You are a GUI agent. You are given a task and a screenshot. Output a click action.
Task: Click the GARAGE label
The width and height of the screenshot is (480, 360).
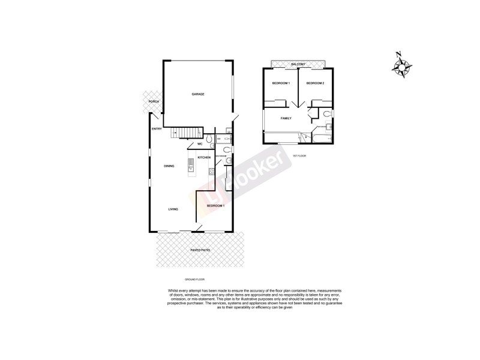198,94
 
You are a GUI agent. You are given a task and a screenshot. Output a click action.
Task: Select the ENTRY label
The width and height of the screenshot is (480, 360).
157,129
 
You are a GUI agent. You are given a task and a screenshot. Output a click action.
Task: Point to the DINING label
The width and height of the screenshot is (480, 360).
169,166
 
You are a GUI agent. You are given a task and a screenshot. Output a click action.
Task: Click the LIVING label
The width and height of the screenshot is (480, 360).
173,209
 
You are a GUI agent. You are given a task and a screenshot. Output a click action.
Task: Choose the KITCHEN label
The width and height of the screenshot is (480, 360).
203,157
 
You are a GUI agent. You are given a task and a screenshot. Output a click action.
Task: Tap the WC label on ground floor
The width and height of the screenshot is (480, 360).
200,144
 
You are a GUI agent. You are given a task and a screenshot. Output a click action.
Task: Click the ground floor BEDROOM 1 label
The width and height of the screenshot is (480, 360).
215,206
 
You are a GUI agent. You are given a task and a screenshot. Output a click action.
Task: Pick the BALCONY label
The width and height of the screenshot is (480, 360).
298,64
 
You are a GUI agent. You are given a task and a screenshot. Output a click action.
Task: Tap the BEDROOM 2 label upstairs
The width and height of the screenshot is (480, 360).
315,83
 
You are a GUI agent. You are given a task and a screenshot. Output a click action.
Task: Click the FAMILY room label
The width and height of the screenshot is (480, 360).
286,118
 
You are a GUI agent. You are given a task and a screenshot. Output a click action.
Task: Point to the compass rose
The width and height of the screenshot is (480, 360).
401,65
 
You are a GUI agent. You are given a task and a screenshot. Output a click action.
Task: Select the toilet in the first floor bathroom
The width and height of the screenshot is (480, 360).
326,113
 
